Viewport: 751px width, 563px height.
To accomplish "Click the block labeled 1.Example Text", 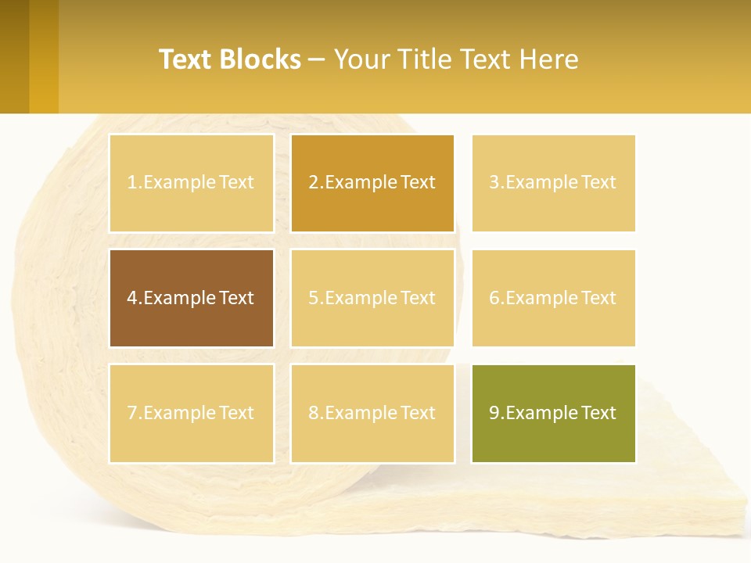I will [191, 183].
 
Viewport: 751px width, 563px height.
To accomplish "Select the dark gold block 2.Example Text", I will [372, 183].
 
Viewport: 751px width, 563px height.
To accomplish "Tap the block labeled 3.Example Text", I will [553, 183].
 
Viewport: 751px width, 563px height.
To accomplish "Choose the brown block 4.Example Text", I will [191, 298].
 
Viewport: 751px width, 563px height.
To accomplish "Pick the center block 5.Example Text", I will [372, 298].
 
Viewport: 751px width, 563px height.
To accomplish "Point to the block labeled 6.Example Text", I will [553, 298].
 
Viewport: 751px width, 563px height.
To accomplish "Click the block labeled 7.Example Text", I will [191, 413].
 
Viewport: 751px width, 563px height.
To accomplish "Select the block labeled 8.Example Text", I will [372, 413].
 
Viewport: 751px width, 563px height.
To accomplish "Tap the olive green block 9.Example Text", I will [553, 413].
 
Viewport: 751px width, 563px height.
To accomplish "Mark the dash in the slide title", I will [317, 59].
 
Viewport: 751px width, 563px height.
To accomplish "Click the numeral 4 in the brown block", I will [132, 298].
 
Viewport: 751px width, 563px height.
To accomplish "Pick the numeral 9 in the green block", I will [494, 413].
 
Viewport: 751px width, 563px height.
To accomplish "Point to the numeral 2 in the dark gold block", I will [313, 183].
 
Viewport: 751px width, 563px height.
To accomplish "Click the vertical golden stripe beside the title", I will [44, 56].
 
